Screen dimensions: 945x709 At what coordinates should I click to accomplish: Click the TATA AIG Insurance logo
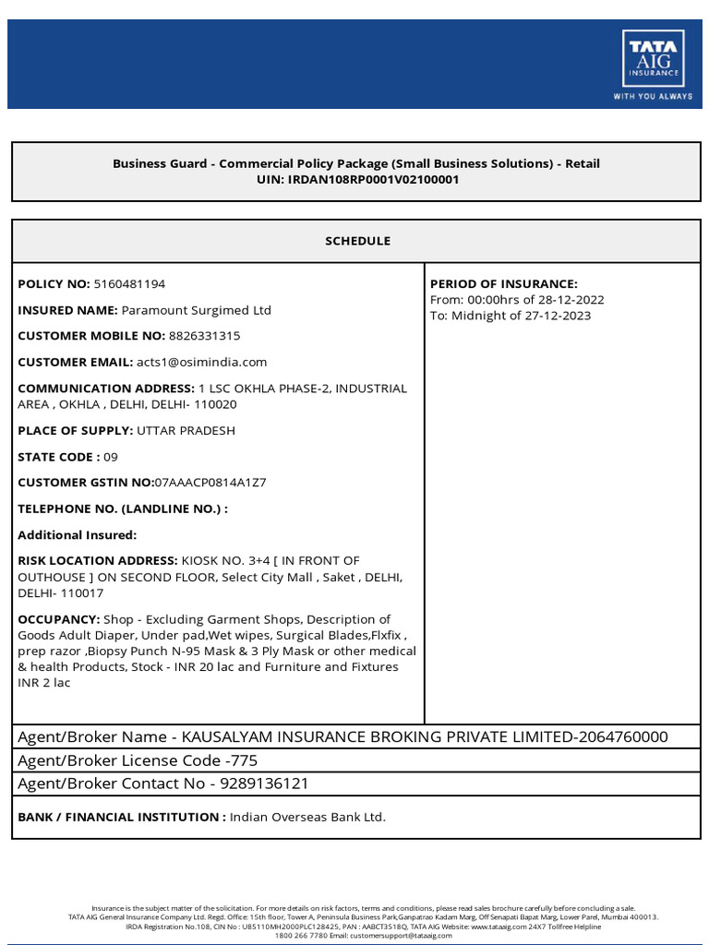(653, 65)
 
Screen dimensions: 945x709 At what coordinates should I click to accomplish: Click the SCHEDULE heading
(357, 241)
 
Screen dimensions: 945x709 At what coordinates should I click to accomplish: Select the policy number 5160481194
(130, 283)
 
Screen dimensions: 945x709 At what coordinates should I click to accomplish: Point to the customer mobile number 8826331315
(204, 336)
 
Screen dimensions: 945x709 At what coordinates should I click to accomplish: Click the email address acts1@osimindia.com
(202, 362)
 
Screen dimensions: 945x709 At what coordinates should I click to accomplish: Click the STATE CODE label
(57, 457)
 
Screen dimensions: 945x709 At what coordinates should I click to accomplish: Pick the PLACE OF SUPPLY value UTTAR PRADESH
(186, 430)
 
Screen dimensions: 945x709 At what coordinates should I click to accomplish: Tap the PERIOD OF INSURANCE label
(504, 283)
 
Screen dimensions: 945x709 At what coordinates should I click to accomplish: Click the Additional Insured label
(77, 534)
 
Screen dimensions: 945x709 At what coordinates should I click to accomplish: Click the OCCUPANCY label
(59, 619)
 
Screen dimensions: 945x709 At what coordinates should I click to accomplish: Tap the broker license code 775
(245, 760)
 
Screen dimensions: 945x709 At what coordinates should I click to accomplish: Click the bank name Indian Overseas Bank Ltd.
(307, 817)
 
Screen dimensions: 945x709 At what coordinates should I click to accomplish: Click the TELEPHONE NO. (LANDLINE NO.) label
(123, 508)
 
